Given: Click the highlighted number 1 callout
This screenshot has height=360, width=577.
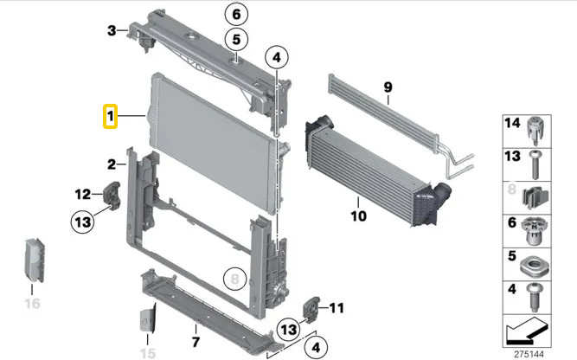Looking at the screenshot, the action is (110, 116).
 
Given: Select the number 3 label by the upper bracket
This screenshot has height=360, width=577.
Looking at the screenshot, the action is (112, 30).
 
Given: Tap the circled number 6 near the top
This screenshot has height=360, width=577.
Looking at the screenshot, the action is (236, 15).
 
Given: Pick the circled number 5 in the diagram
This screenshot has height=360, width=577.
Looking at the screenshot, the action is (236, 40).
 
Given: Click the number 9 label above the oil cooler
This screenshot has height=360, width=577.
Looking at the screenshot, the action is (388, 87).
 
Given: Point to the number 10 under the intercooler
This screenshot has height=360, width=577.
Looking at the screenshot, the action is (359, 215).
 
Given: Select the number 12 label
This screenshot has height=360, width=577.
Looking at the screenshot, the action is (83, 194).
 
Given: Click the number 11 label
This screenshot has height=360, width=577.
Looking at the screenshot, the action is (337, 308).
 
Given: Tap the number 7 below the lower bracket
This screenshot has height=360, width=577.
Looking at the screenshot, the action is (196, 342).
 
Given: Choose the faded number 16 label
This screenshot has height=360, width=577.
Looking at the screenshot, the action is (32, 304).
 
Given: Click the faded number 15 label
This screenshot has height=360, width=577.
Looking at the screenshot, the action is (148, 353).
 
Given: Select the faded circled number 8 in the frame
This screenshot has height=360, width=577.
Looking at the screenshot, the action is (234, 279).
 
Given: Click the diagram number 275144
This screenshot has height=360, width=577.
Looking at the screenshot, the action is (529, 354).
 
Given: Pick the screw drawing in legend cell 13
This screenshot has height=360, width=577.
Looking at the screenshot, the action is (535, 164).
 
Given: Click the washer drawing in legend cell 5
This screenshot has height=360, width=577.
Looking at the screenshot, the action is (535, 266).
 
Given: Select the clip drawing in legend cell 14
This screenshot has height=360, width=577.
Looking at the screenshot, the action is (535, 131).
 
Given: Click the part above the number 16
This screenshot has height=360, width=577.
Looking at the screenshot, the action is (35, 260).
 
